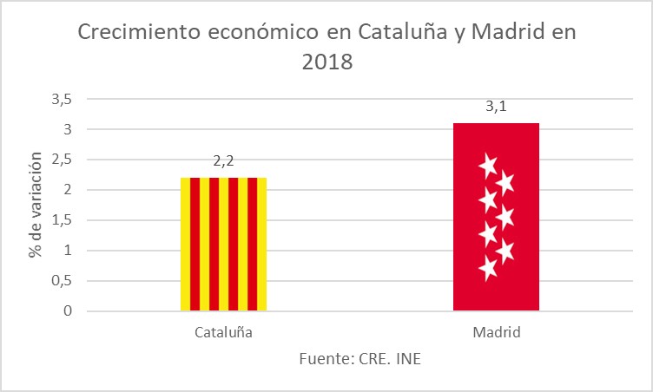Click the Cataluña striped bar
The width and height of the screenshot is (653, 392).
(x=223, y=244)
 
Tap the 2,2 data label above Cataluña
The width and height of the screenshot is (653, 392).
(x=223, y=161)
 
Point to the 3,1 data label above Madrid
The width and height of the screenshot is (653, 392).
(x=496, y=107)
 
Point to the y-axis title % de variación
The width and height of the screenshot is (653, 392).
(x=36, y=205)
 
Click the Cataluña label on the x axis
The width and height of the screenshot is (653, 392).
(x=223, y=332)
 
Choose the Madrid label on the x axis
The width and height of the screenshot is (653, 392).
(x=496, y=332)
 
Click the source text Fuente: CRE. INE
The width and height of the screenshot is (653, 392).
(x=359, y=357)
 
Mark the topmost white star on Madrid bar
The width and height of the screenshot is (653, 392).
(x=488, y=164)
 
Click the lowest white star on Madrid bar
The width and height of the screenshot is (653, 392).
(x=488, y=269)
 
